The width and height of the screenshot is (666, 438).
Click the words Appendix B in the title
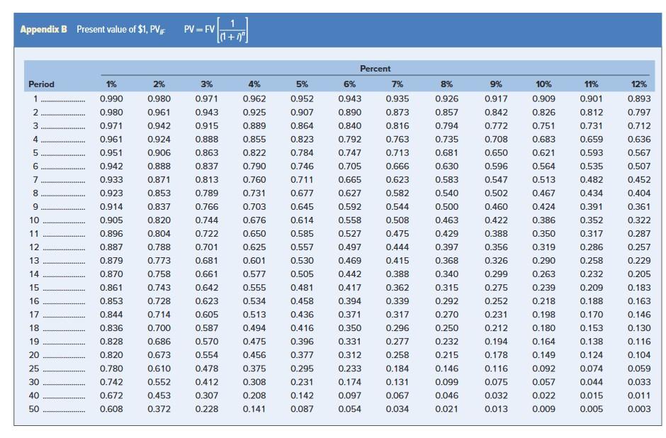click(44, 29)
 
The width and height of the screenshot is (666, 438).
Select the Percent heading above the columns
click(375, 68)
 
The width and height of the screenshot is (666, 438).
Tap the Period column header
click(41, 84)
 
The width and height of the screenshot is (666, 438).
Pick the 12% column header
click(638, 84)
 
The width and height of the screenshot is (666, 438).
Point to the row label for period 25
click(35, 369)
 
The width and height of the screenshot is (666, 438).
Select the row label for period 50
click(35, 409)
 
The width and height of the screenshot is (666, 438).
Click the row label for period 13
click(35, 261)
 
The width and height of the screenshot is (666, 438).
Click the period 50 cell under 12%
click(638, 409)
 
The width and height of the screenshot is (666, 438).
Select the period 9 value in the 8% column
click(446, 207)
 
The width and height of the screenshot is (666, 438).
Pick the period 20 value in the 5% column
click(302, 355)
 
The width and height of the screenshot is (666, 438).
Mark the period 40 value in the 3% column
click(206, 395)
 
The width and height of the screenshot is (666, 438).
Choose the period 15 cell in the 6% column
click(350, 288)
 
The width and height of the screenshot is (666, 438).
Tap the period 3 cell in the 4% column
click(254, 125)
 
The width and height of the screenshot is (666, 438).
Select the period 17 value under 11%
click(591, 315)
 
